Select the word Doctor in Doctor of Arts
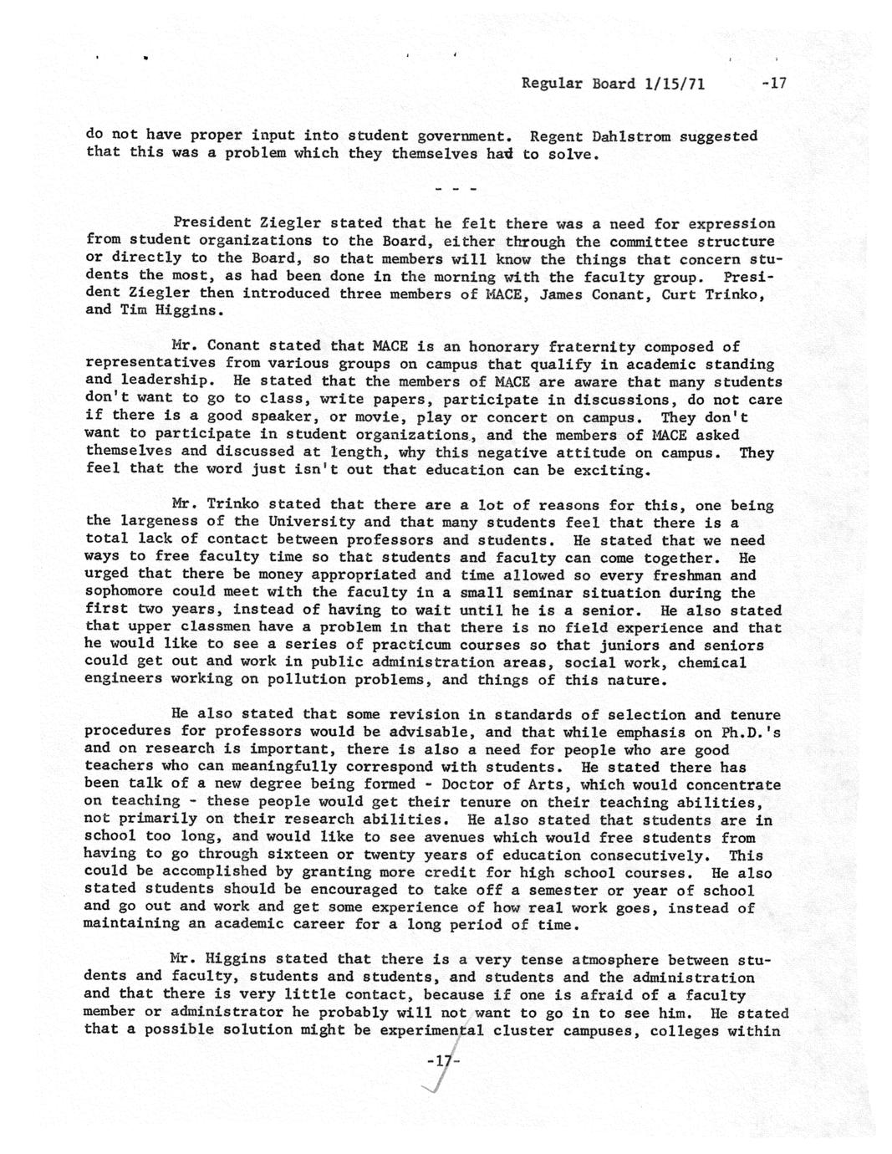click(467, 785)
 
